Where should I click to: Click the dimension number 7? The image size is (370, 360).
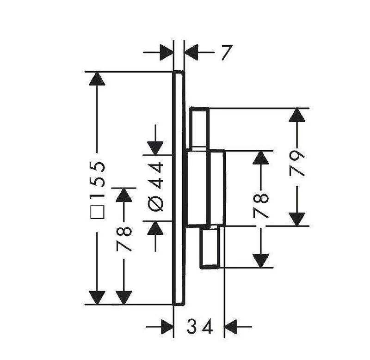pos(227,53)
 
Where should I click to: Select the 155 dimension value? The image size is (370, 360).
pos(97,175)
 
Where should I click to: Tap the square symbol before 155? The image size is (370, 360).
pos(97,212)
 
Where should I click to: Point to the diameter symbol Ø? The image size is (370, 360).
pos(155,203)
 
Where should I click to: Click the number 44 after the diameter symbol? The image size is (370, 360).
pos(155,176)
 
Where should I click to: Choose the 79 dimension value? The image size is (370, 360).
pos(297,164)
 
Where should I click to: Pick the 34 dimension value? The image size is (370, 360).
pos(200,327)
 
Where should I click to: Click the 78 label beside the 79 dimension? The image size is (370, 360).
pos(261,206)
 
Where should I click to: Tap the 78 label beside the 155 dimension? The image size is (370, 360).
pos(124,239)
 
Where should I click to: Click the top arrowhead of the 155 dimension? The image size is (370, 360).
pos(97,79)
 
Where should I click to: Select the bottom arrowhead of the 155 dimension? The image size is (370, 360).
pos(97,298)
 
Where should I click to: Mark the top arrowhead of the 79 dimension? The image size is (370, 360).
pos(297,115)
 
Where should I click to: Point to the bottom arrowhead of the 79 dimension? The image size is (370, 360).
pos(297,219)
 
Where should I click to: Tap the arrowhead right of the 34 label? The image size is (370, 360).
pos(230,327)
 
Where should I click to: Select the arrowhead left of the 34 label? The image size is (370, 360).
pos(167,327)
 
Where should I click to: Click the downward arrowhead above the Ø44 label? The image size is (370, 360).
pos(155,148)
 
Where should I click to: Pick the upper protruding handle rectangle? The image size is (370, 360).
pos(199,129)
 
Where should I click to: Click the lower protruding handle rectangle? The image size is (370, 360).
pos(210,247)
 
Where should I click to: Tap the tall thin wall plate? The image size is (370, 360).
pos(179,188)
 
